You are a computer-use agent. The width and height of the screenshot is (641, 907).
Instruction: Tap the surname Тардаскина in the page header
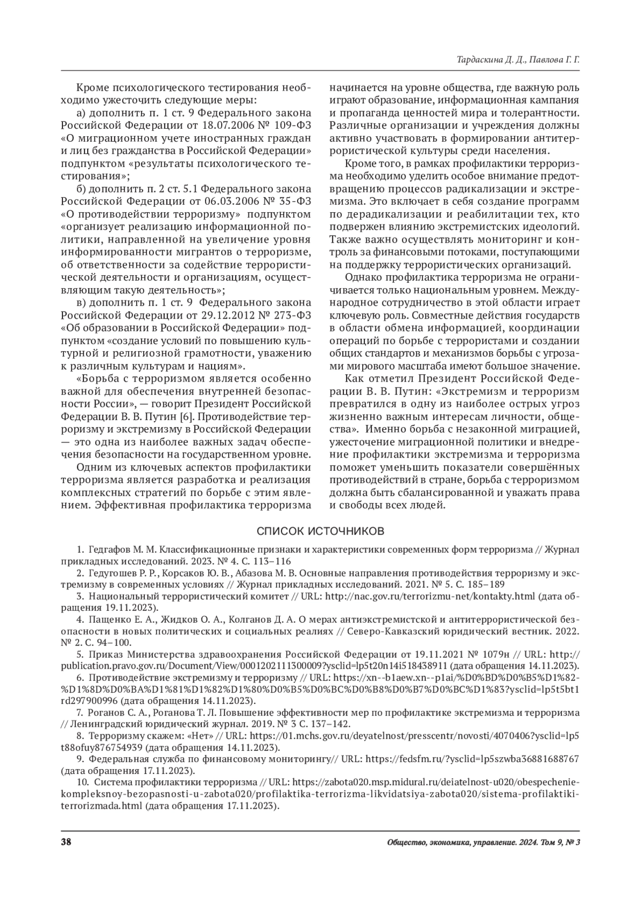(479, 61)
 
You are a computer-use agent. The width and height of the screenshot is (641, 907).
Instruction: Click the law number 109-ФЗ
(292, 126)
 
